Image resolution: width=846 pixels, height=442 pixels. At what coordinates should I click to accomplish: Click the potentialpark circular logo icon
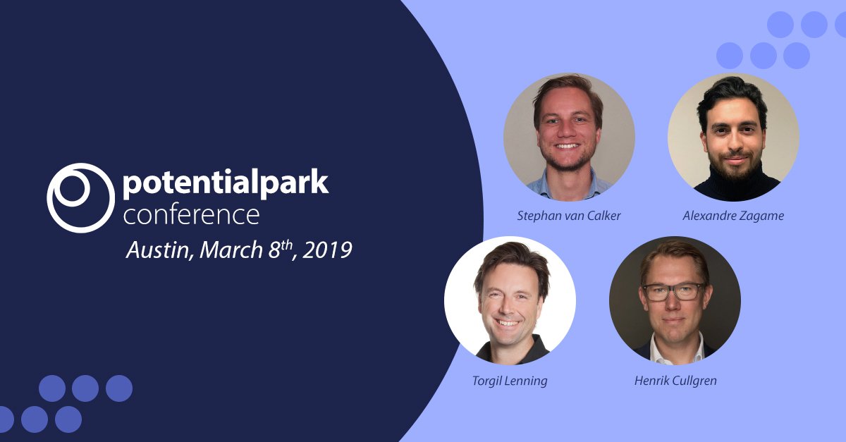80,197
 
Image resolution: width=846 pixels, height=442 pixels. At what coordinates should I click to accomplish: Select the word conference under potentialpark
191,214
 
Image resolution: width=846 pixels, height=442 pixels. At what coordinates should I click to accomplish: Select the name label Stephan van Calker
569,216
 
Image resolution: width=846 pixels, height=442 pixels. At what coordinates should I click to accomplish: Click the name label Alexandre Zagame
733,216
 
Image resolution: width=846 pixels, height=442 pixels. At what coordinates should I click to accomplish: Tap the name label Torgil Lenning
510,381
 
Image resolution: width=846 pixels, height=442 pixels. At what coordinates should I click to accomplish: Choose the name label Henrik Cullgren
675,381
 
